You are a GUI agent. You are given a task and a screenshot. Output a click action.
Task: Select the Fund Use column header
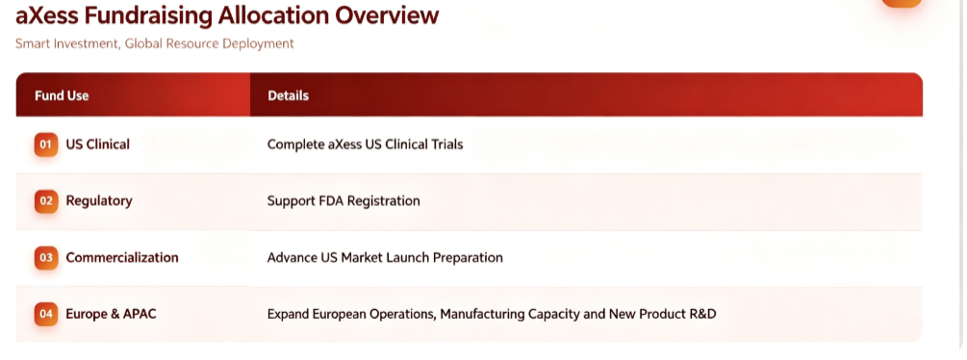62,95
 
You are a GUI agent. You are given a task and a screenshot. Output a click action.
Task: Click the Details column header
288,95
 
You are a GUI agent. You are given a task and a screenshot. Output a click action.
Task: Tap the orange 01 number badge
46,144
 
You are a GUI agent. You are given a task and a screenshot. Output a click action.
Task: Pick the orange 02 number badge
46,201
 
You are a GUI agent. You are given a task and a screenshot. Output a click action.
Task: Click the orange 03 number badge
46,258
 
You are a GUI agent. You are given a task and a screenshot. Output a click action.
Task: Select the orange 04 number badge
46,315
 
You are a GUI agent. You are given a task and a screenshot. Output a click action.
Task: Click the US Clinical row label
97,144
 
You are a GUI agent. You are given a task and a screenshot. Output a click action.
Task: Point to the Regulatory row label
99,201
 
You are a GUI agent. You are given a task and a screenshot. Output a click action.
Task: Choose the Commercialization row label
122,258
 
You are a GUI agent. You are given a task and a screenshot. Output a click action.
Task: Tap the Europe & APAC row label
111,314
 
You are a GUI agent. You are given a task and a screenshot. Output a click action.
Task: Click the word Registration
384,201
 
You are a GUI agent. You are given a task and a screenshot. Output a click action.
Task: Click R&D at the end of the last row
701,315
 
